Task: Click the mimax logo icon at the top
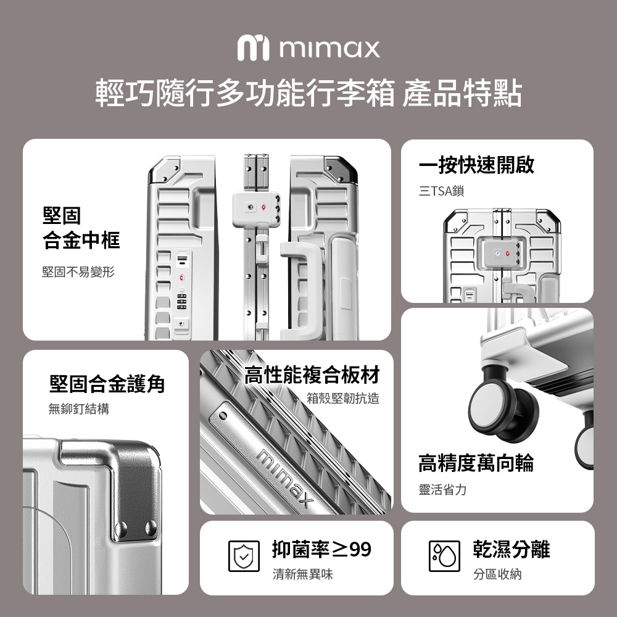(253, 48)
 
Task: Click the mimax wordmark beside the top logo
(329, 48)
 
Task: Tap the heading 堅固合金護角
(107, 384)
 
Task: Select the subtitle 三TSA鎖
(442, 191)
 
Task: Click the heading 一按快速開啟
(476, 165)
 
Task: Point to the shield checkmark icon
(244, 556)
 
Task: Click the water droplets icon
(444, 556)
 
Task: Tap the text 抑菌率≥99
(321, 549)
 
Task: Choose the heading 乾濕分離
(511, 549)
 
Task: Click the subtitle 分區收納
(497, 574)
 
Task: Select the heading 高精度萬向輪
(476, 463)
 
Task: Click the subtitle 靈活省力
(442, 489)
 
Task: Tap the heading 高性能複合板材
(312, 375)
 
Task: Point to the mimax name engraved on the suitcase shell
(286, 477)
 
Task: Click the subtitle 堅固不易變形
(78, 271)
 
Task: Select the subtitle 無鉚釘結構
(79, 408)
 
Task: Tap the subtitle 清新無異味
(302, 574)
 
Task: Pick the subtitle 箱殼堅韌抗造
(343, 398)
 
